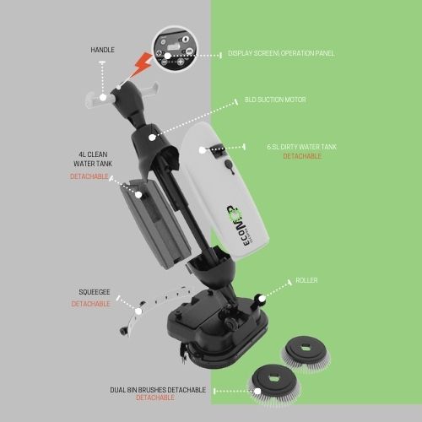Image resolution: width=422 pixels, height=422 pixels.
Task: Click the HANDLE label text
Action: (x=102, y=50)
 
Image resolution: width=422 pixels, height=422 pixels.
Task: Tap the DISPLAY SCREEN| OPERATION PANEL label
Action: (x=281, y=53)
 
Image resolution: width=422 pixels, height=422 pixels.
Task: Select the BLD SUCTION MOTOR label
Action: (x=275, y=100)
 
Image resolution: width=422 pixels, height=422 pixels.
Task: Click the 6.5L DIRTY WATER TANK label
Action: (x=301, y=147)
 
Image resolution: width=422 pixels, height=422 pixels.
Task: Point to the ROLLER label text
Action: (x=306, y=280)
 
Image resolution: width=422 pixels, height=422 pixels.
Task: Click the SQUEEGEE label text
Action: (x=95, y=292)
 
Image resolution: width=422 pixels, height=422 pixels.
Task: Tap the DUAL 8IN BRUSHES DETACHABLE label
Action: (x=158, y=390)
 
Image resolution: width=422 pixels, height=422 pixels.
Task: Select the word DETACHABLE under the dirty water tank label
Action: (x=302, y=156)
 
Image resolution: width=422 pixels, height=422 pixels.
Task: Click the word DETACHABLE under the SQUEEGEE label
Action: (x=90, y=304)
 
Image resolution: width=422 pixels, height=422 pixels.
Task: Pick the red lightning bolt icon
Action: (x=141, y=66)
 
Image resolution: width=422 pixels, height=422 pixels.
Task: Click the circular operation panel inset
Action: (x=175, y=48)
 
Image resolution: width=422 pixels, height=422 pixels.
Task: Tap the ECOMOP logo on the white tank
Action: (x=238, y=225)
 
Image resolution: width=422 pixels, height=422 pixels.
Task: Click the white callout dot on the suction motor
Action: (x=152, y=138)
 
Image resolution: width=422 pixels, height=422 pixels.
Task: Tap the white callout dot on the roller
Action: (x=261, y=299)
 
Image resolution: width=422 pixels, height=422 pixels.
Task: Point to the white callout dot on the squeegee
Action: (x=138, y=311)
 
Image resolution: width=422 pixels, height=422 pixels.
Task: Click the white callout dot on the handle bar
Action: (x=103, y=97)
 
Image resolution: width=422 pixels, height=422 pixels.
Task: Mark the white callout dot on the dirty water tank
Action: (x=202, y=150)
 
